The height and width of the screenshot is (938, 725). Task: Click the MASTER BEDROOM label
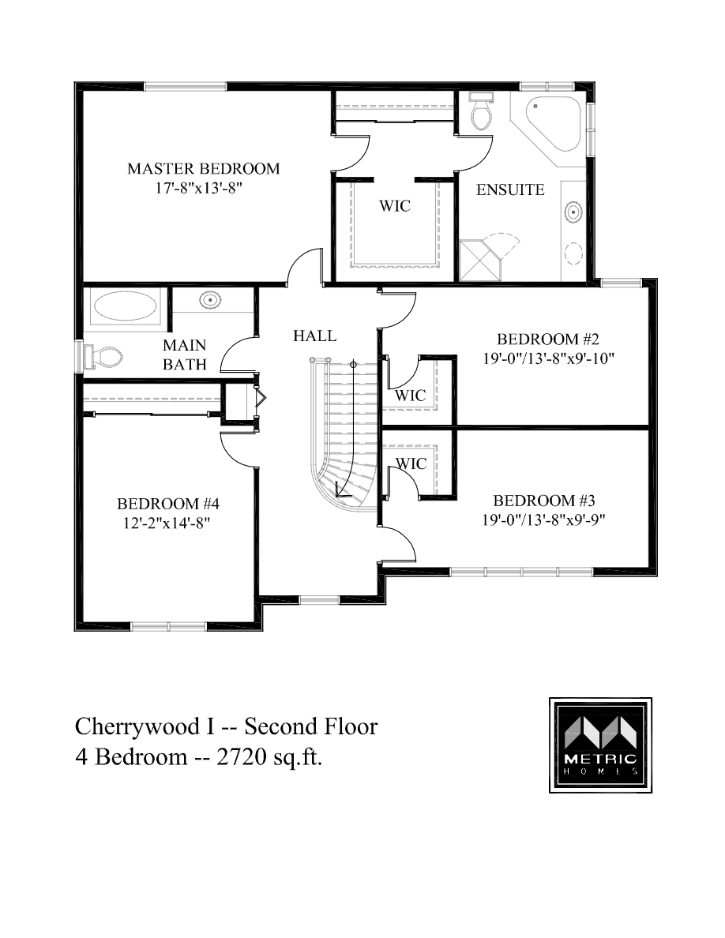pos(203,168)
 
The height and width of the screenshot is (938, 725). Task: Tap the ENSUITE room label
pos(510,189)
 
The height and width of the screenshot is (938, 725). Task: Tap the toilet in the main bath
pos(104,357)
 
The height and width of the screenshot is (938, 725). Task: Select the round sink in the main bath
pos(209,300)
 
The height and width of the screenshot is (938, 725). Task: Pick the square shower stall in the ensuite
pos(478,259)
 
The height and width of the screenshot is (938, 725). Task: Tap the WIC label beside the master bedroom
pos(395,206)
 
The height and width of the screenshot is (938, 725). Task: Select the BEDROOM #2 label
pos(549,340)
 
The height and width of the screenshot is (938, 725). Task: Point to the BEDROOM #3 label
pos(543,501)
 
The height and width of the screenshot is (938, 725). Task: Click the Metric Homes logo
pos(601,745)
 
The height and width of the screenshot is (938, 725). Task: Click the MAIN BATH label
pos(184,355)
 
